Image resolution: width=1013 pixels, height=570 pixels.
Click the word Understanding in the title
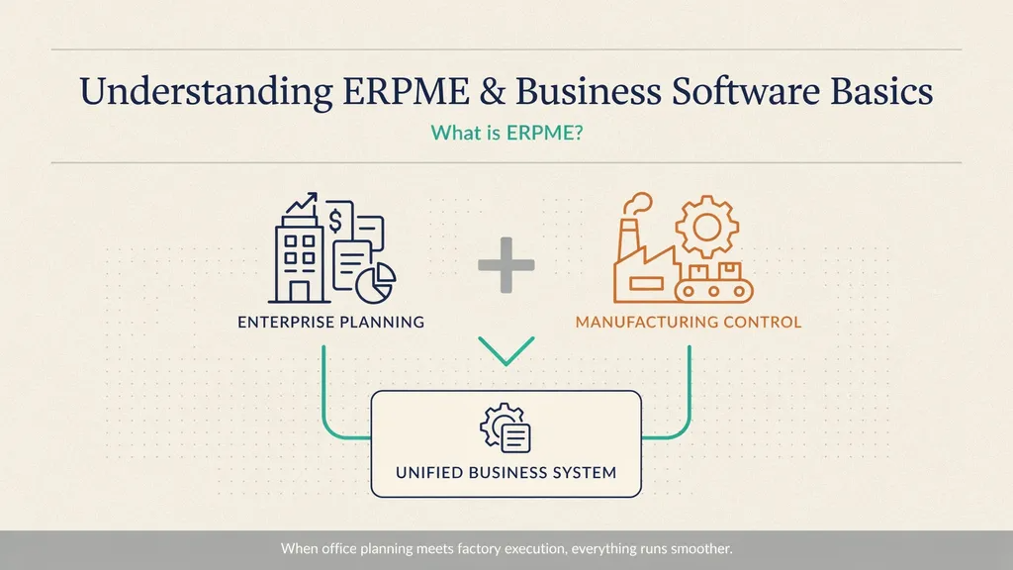click(x=206, y=92)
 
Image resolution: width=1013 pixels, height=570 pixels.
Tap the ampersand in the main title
click(x=492, y=91)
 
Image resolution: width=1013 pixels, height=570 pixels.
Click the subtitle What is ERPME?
click(x=506, y=133)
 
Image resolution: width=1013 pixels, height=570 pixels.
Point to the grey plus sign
click(x=506, y=265)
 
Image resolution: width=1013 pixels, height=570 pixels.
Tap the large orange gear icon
click(x=706, y=227)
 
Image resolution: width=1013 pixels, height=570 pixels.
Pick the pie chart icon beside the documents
click(x=376, y=282)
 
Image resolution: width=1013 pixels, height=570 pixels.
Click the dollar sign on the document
click(x=335, y=220)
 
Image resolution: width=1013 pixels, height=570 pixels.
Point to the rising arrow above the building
click(x=302, y=203)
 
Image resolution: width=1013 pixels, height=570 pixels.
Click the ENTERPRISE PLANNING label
click(x=330, y=322)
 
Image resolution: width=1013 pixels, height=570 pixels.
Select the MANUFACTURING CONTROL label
click(x=689, y=322)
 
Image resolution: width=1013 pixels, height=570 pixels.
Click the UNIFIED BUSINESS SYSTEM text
click(x=506, y=472)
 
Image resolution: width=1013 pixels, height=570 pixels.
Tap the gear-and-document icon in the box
click(x=506, y=427)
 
